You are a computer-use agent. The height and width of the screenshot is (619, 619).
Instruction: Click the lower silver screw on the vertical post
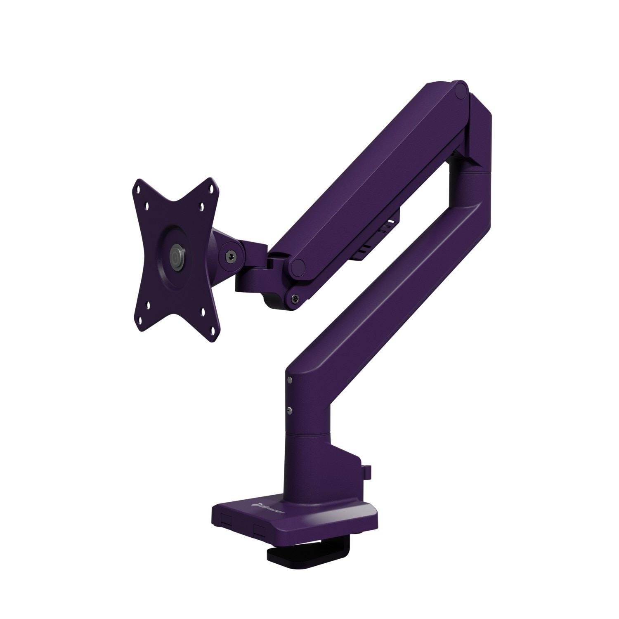290,409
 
